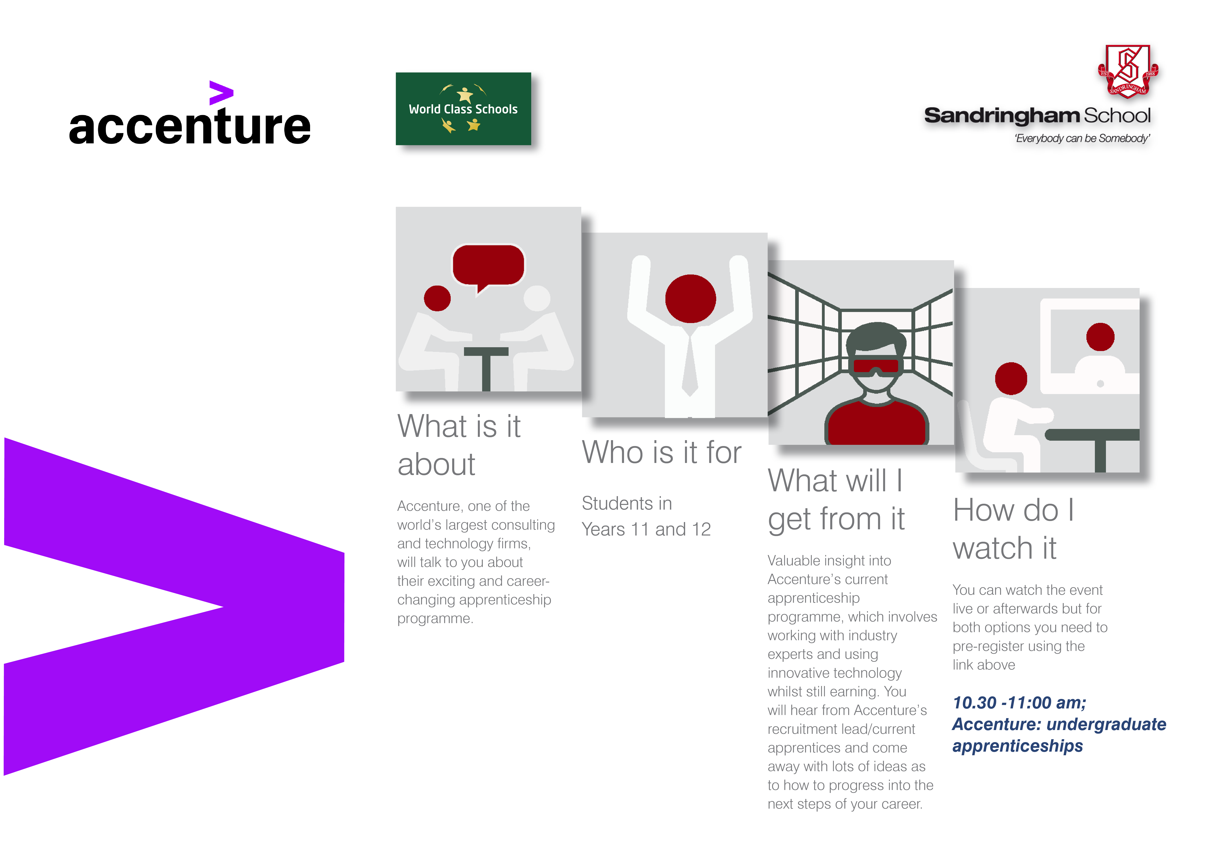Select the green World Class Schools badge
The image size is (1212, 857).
463,109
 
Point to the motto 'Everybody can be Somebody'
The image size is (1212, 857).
1082,138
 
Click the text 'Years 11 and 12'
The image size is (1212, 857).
646,529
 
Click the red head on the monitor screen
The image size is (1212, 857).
1100,337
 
